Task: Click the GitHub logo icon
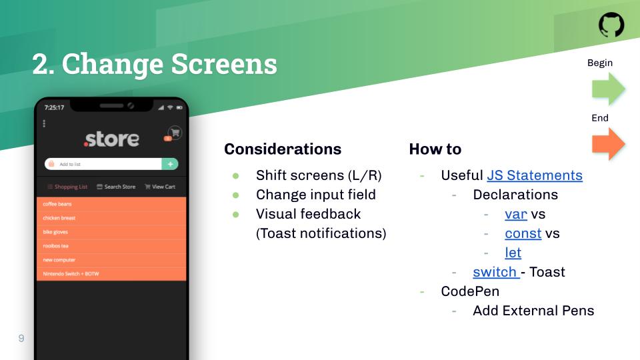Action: [611, 25]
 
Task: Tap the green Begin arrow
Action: [608, 89]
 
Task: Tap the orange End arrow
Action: [608, 144]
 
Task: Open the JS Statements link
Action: [535, 175]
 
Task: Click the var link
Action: [516, 214]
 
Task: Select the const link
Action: [523, 233]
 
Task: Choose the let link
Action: [513, 253]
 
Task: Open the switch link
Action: [495, 272]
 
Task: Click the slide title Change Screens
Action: [155, 65]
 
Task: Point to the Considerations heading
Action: [283, 149]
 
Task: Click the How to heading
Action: [435, 149]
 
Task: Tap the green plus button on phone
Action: [170, 164]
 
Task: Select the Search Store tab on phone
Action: [116, 187]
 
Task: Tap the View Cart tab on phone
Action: [160, 187]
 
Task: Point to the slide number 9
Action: [21, 338]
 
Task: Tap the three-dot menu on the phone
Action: [44, 123]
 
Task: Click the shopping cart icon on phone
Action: [175, 133]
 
